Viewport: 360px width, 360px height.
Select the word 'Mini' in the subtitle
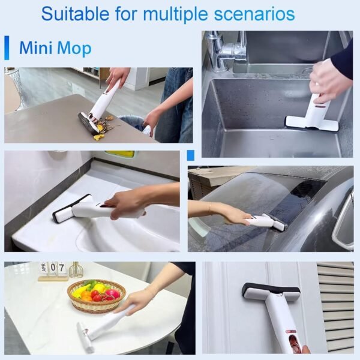coord(35,48)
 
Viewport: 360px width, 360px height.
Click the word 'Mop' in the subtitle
coord(74,49)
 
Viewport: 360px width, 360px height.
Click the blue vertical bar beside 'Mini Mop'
coord(7,48)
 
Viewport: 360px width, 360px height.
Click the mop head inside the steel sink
coord(311,124)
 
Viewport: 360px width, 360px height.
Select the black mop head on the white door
coord(271,292)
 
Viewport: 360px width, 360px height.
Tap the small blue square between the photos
coord(191,155)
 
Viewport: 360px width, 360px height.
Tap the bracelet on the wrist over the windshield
coord(210,208)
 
